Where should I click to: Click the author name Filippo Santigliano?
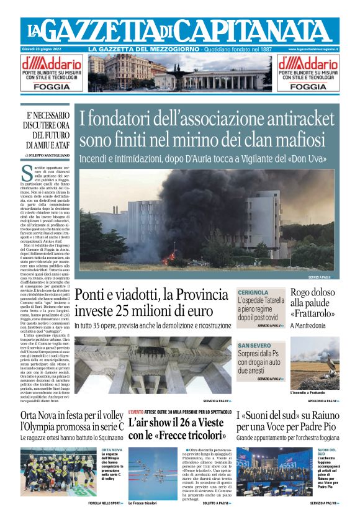(50, 154)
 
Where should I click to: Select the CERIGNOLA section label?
(253, 292)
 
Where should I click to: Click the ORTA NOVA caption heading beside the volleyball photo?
(112, 449)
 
